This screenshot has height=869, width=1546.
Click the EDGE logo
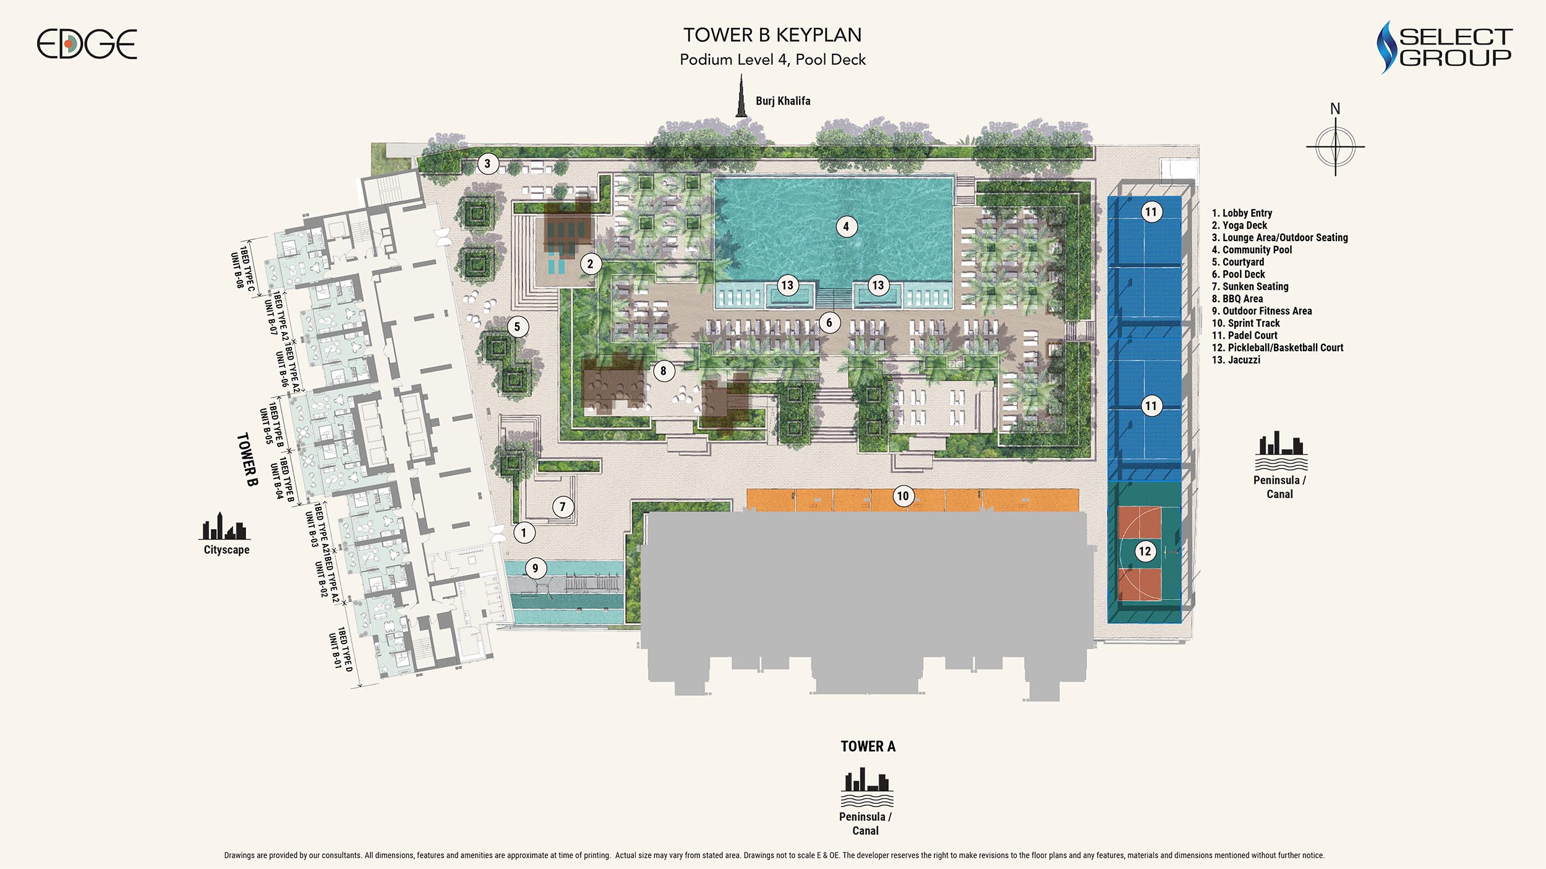(x=87, y=44)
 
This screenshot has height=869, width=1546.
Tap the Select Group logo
(x=1444, y=47)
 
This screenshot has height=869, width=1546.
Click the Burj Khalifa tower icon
(x=741, y=95)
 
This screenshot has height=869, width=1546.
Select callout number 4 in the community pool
(x=846, y=227)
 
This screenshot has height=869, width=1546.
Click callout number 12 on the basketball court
(x=1145, y=551)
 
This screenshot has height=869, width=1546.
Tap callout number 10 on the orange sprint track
(x=903, y=496)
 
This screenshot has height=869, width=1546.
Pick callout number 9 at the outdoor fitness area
(x=536, y=569)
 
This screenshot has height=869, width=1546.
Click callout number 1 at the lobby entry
(x=524, y=532)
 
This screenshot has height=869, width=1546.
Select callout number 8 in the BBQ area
(x=664, y=371)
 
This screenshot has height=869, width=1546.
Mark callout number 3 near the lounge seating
(x=488, y=164)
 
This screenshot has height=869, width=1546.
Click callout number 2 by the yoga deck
(x=591, y=265)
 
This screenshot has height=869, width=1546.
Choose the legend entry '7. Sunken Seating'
(x=1250, y=286)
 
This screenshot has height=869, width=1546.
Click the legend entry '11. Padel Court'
(x=1244, y=335)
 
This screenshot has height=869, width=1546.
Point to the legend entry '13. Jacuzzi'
(x=1236, y=360)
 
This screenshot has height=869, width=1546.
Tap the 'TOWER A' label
(x=868, y=747)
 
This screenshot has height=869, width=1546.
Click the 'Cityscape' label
(x=227, y=549)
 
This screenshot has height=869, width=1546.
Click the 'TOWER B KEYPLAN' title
(x=772, y=35)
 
